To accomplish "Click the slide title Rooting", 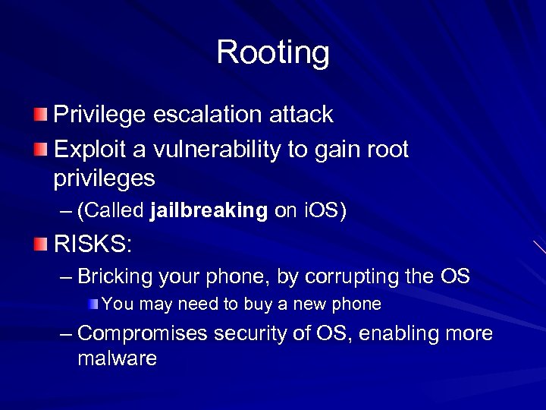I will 273,53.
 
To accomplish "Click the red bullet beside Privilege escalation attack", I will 40,115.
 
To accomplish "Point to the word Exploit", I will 86,150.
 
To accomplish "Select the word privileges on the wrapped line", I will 104,179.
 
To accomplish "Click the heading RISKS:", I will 93,244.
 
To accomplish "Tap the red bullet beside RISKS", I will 40,244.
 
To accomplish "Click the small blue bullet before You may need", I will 93,304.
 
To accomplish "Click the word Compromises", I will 142,333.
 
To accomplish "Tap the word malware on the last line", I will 117,358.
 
